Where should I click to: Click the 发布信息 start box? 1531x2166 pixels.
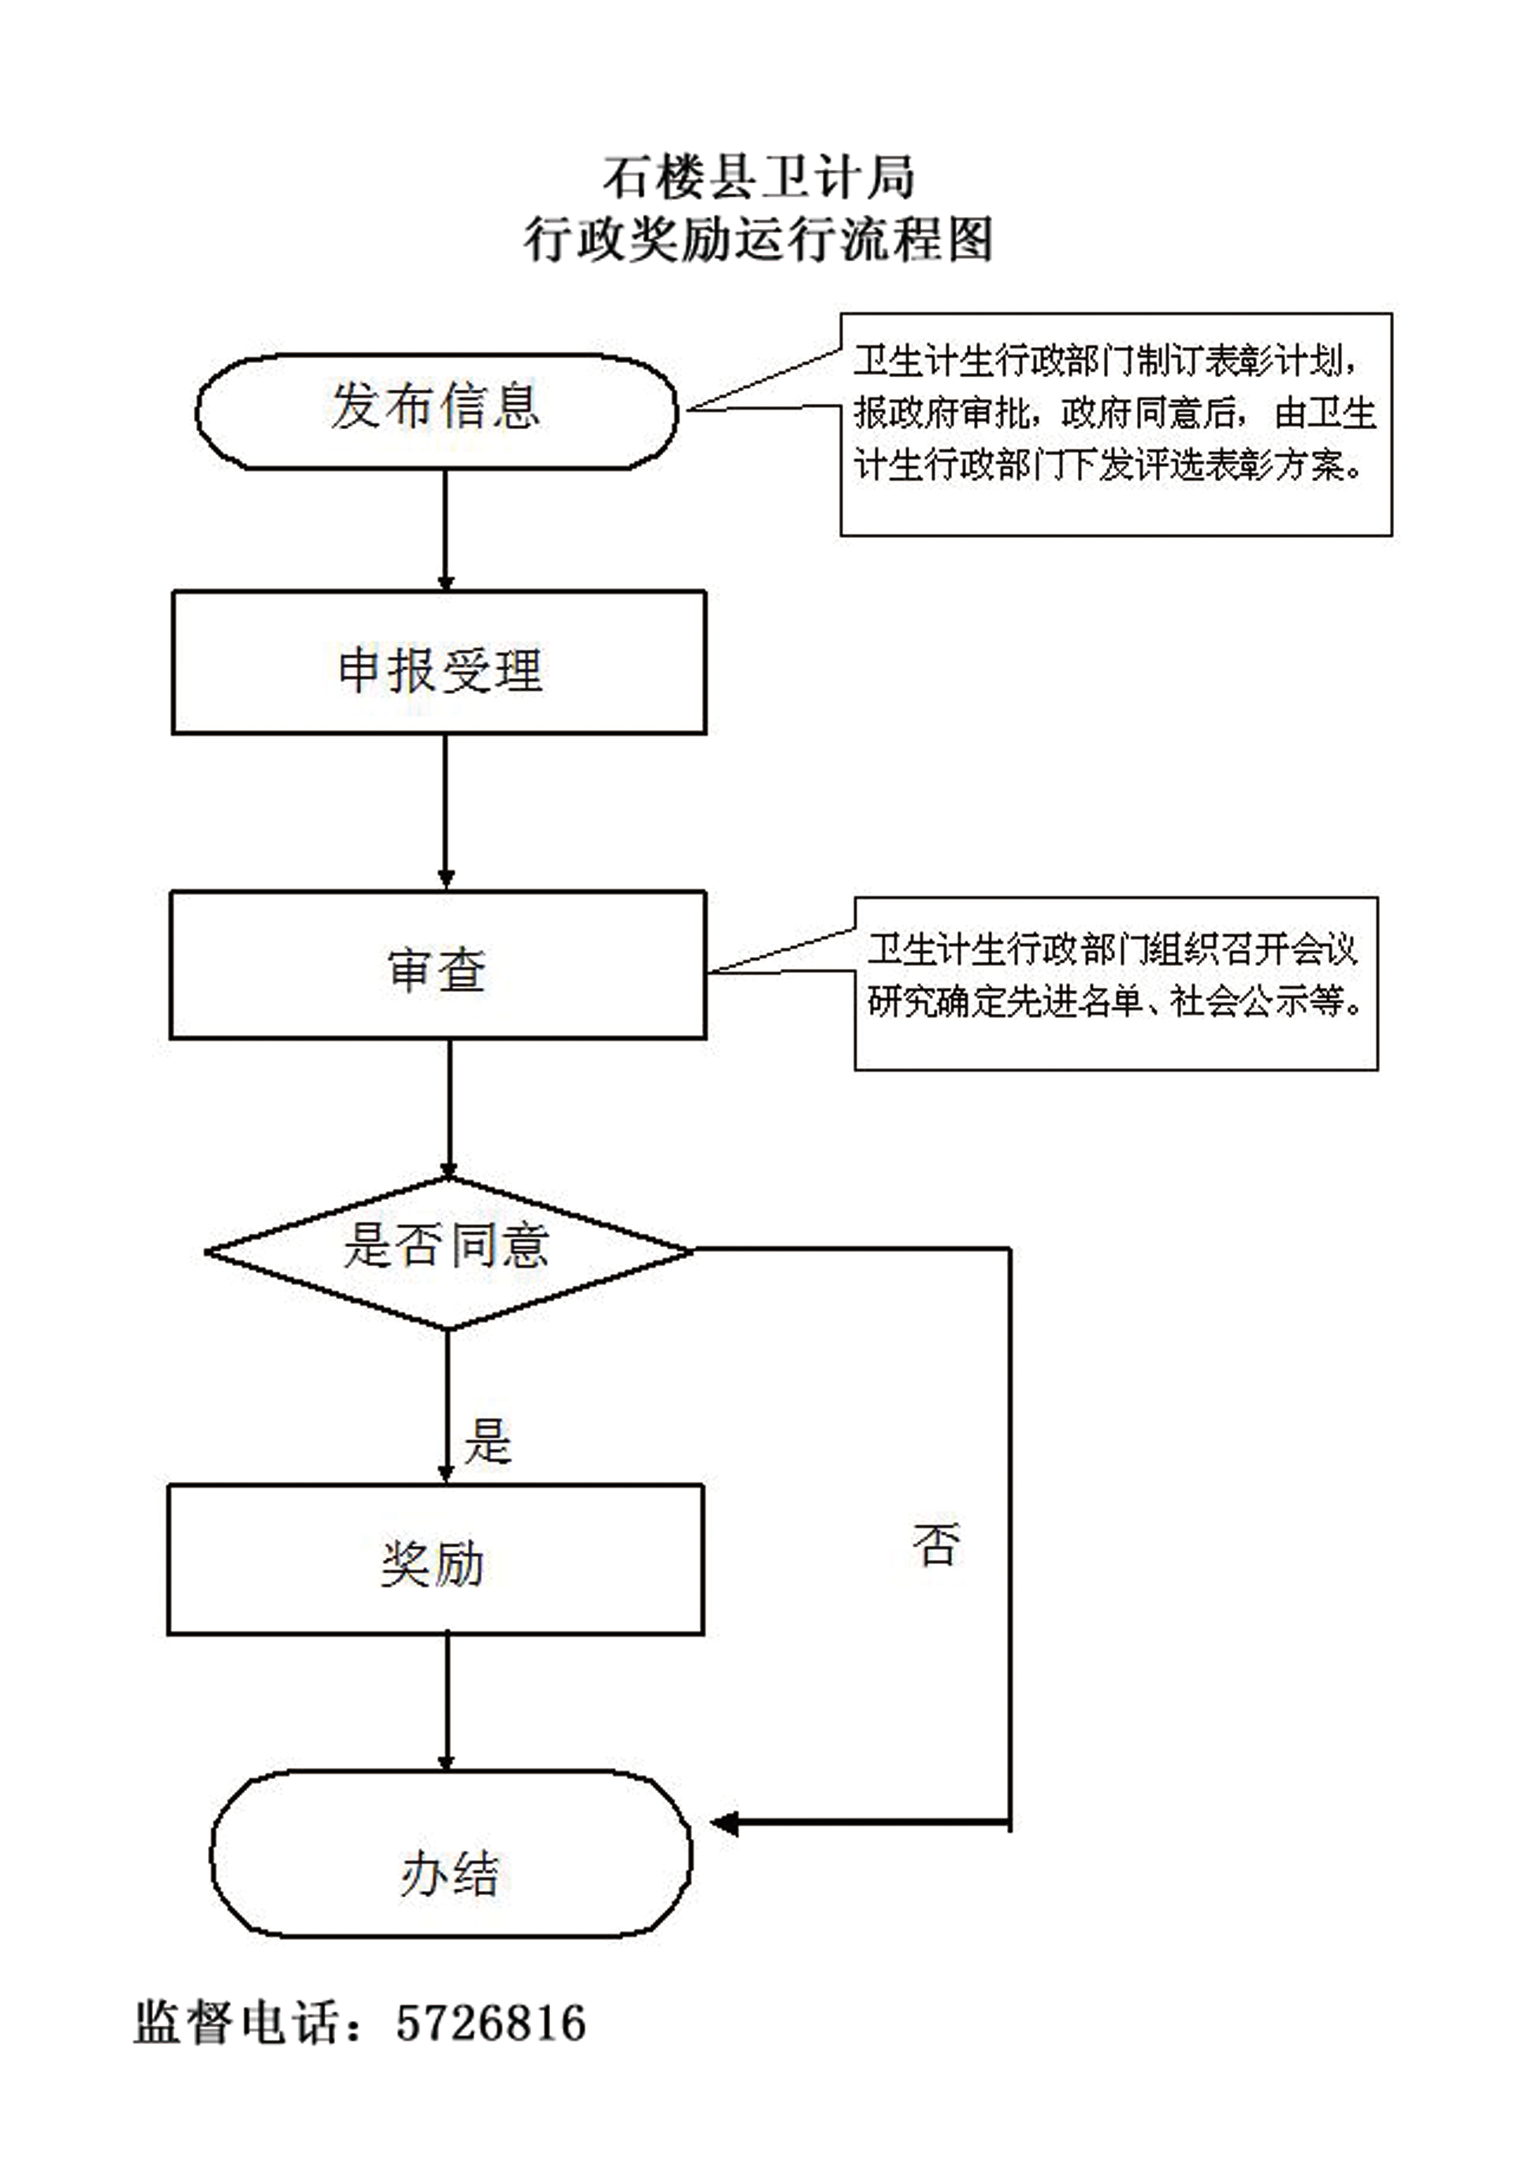click(x=436, y=411)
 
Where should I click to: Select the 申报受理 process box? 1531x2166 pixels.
click(x=439, y=663)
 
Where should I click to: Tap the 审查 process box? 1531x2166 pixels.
click(x=438, y=965)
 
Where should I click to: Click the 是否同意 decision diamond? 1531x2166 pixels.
click(x=449, y=1253)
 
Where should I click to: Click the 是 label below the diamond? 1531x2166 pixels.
click(x=488, y=1441)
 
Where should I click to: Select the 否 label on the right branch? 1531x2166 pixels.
click(x=936, y=1544)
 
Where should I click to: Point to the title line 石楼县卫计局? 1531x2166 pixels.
click(x=759, y=177)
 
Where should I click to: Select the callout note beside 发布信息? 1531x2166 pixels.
click(x=1116, y=425)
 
